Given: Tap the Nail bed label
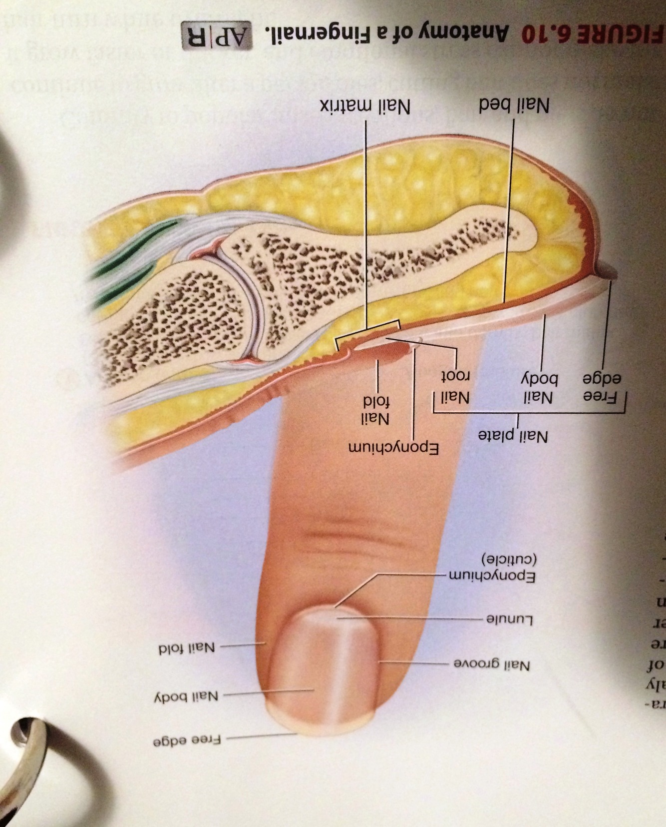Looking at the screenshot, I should click(514, 106).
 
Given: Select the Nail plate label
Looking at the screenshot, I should click(513, 436).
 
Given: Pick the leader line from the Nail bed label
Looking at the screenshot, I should click(509, 210).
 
